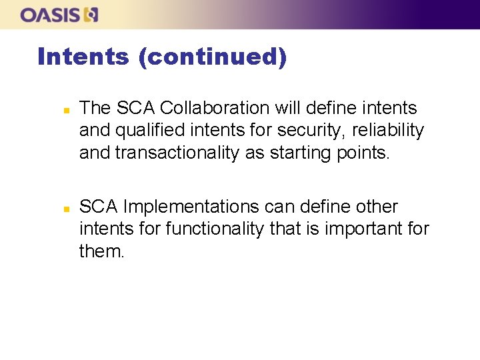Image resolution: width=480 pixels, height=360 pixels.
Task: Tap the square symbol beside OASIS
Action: click(x=92, y=15)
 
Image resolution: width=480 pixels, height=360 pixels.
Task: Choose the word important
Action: click(x=359, y=229)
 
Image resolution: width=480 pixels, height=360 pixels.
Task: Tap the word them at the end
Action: click(x=101, y=252)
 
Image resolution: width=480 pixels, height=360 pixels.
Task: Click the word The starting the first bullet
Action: click(x=95, y=108)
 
